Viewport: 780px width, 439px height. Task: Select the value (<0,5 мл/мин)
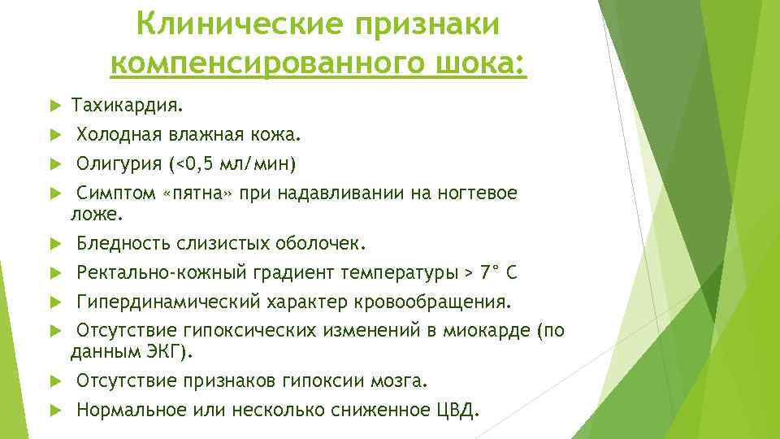(x=232, y=165)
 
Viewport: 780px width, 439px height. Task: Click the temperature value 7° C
(x=505, y=273)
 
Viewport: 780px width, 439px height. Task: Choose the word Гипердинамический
(x=167, y=302)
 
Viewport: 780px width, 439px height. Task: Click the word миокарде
(x=479, y=332)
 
